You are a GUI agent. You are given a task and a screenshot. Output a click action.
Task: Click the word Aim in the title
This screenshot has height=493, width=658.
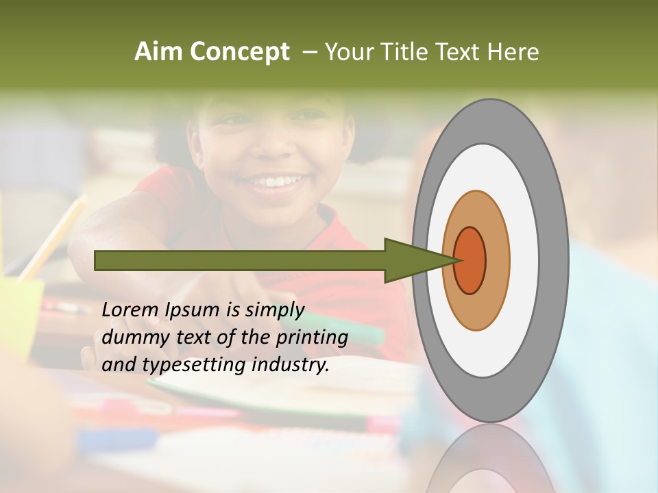coord(158,52)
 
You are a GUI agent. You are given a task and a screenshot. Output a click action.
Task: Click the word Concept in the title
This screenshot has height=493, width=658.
coord(239,52)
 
